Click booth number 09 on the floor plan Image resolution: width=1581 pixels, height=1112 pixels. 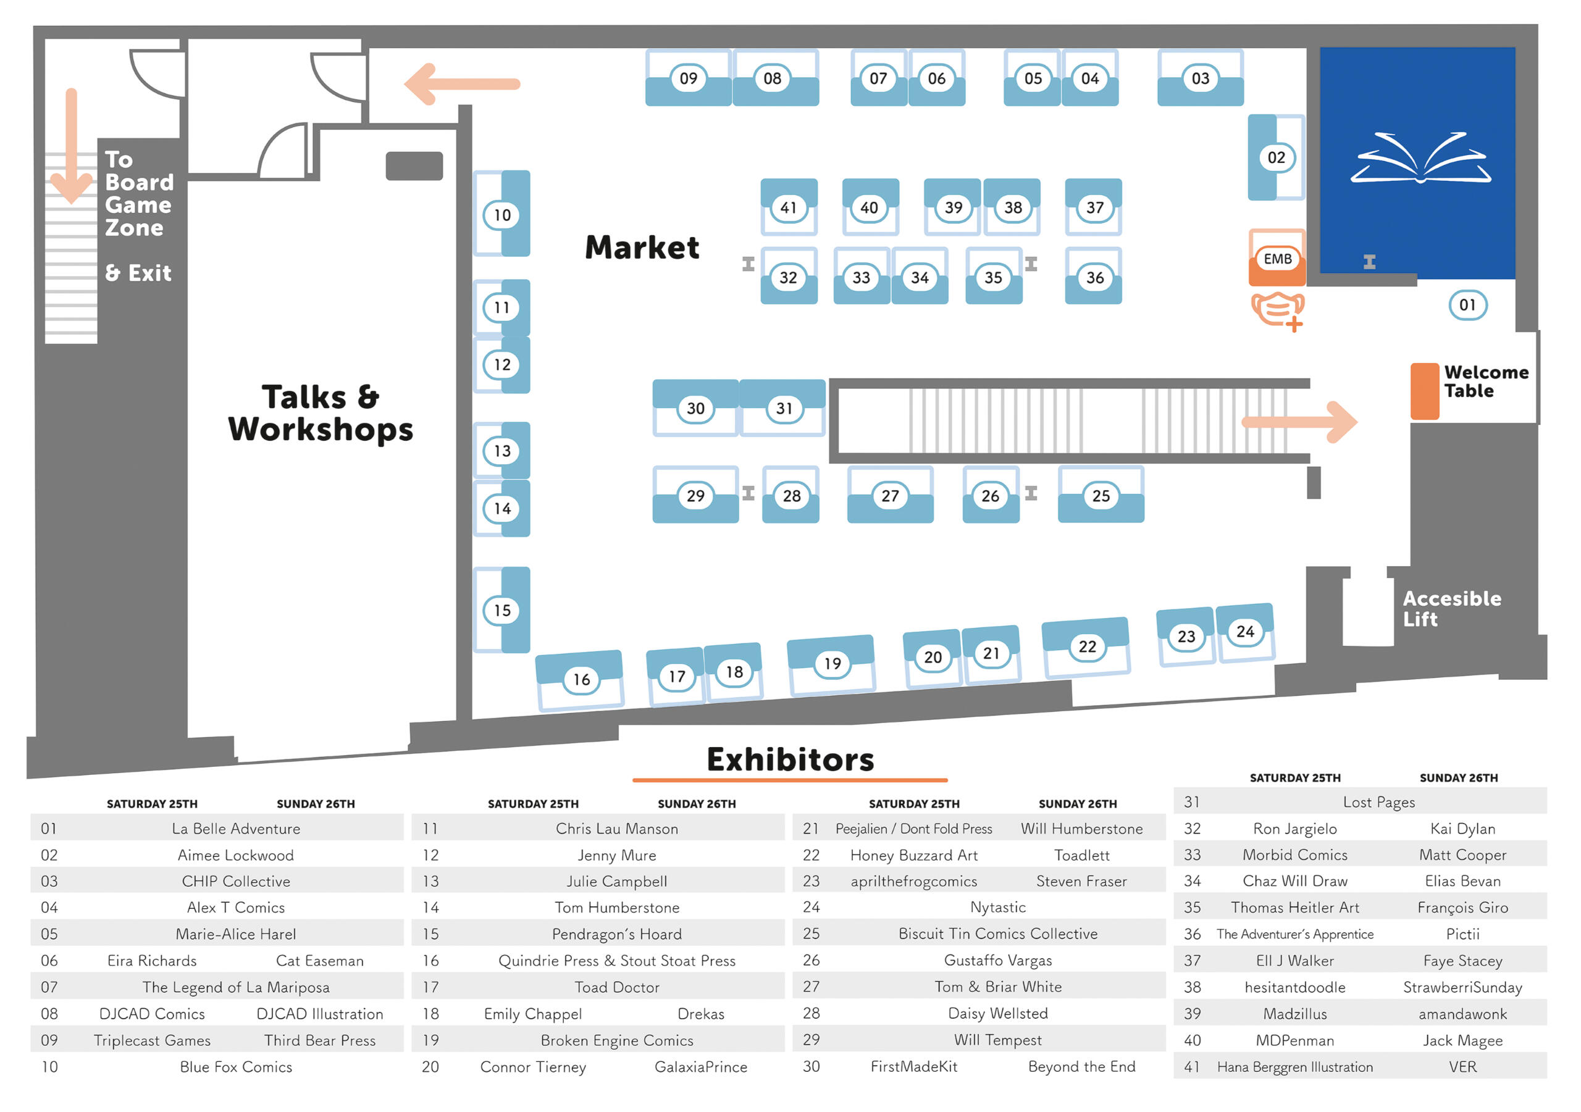click(x=688, y=78)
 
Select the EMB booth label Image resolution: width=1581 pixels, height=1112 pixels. click(x=1277, y=259)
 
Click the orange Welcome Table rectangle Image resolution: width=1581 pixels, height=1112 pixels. click(x=1424, y=391)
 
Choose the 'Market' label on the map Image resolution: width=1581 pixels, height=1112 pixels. click(x=642, y=247)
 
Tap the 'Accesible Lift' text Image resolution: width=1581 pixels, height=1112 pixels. click(x=1451, y=609)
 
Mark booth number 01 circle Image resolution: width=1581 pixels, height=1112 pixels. click(x=1467, y=305)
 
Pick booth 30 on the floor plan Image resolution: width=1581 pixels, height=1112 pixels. click(x=695, y=408)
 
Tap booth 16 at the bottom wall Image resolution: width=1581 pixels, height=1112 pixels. click(x=581, y=680)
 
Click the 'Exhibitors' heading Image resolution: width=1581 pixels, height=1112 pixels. click(x=790, y=759)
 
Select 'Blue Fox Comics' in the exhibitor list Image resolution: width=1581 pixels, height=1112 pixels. click(x=235, y=1066)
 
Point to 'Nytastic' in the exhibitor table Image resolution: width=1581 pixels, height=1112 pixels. click(x=998, y=908)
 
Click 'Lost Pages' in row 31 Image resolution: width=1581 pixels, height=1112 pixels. click(x=1378, y=802)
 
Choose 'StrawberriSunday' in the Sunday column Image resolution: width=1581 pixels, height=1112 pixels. click(x=1462, y=987)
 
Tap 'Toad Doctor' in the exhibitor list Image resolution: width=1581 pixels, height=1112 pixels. click(x=617, y=987)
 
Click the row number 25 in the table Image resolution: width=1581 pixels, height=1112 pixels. click(x=811, y=934)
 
